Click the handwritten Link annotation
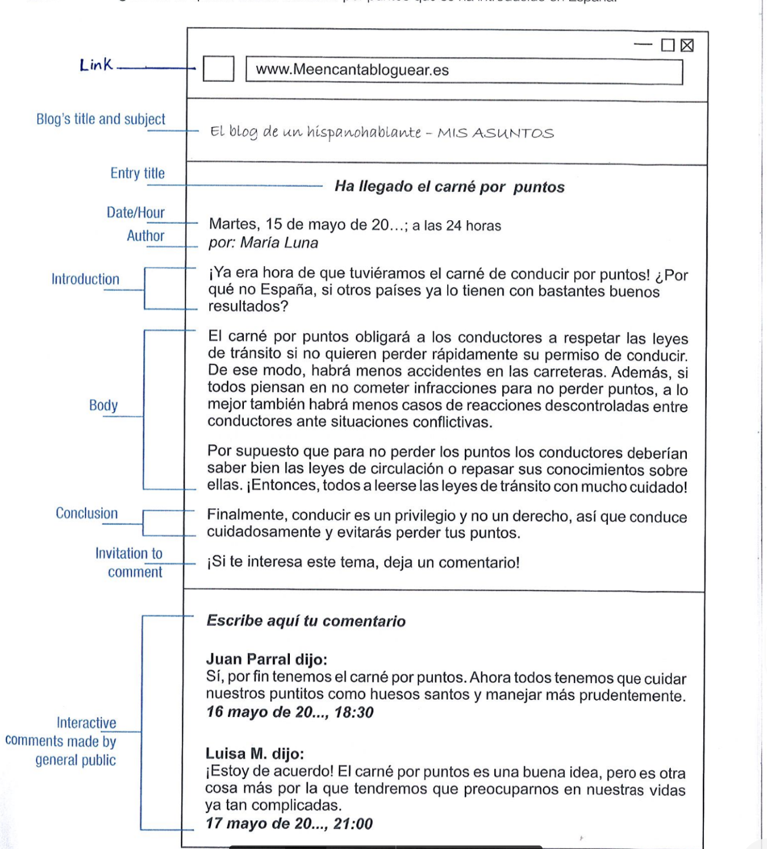[x=96, y=65]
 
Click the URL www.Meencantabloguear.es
[x=352, y=70]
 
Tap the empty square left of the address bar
[x=219, y=69]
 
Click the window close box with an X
[x=687, y=45]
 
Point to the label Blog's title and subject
[x=101, y=119]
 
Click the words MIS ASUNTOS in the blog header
[x=495, y=133]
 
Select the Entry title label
[x=137, y=173]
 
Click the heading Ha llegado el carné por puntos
[x=449, y=187]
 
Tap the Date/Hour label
[x=135, y=213]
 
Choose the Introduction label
[x=85, y=279]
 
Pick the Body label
[x=104, y=405]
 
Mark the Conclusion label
[x=87, y=513]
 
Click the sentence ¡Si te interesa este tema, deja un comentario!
[x=363, y=562]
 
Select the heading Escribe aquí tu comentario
[x=306, y=621]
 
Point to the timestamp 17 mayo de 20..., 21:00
[x=289, y=824]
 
